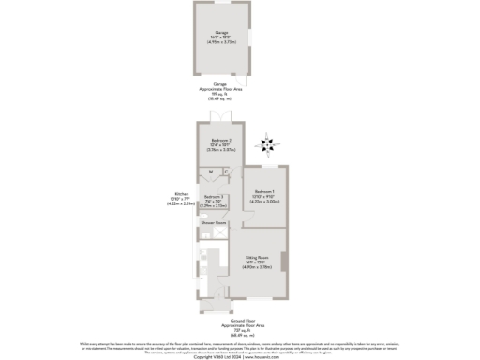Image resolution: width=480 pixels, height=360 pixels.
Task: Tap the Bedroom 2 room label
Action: coord(220,141)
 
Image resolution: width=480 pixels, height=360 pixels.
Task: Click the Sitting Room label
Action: coord(258,256)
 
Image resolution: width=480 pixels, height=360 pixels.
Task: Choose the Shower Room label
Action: coord(214,222)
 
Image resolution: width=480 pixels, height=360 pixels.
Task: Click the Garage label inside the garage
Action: coord(221,32)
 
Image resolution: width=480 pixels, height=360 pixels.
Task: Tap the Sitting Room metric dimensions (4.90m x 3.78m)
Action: coord(258,267)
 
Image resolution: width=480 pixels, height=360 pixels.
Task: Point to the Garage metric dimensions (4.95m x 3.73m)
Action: coord(221,42)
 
